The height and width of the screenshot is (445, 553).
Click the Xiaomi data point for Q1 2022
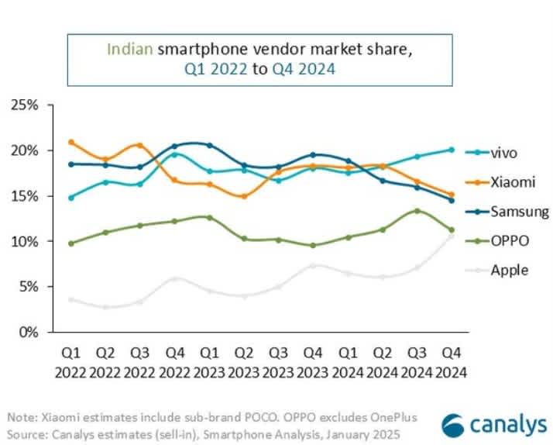[71, 142]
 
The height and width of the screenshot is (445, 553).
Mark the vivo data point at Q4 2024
[452, 150]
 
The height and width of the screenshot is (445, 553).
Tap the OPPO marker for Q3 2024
[417, 211]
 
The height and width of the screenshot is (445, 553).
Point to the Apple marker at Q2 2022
[106, 307]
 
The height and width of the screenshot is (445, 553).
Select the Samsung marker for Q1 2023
[210, 145]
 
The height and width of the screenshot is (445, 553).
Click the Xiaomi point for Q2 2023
[244, 196]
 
